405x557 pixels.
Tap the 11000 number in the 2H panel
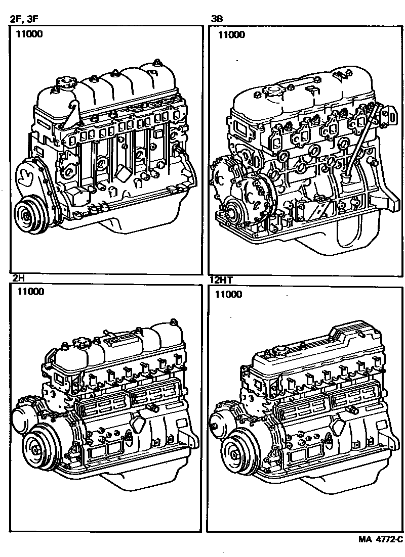pyautogui.click(x=30, y=291)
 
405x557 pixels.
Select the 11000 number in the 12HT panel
pyautogui.click(x=228, y=294)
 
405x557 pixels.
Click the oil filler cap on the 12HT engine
pyautogui.click(x=280, y=350)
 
